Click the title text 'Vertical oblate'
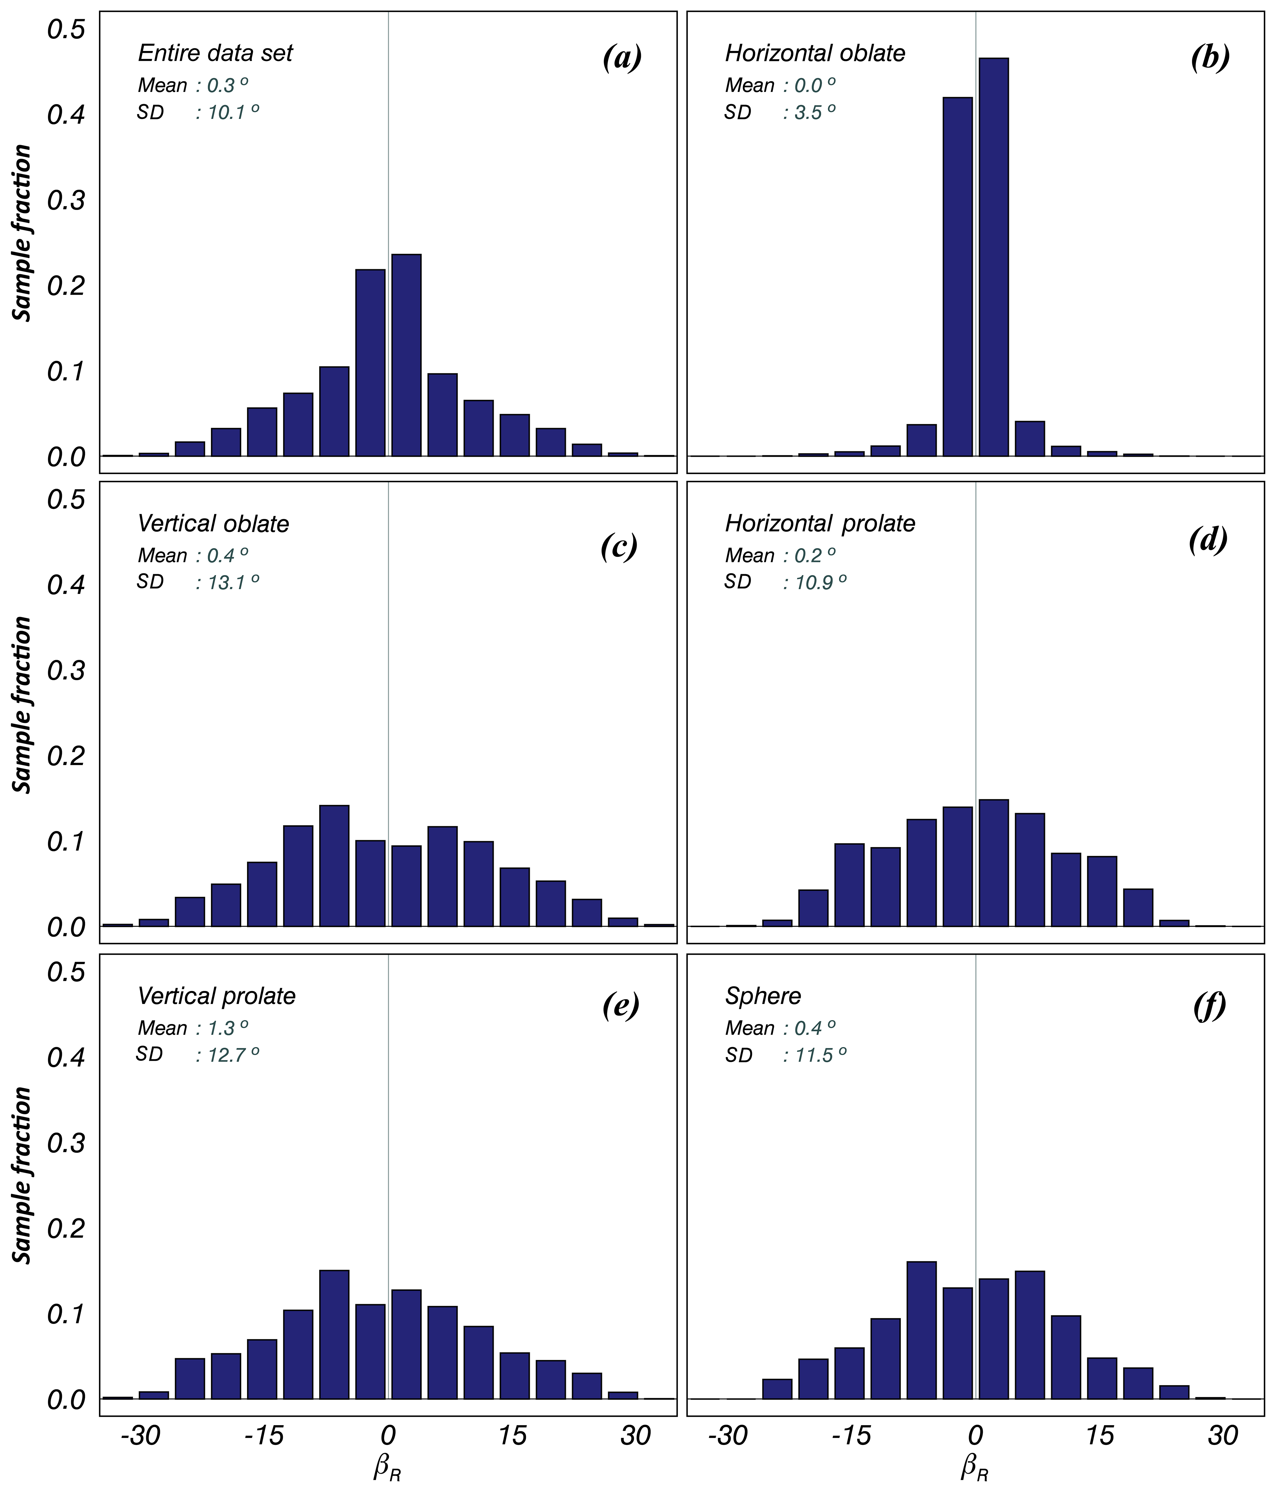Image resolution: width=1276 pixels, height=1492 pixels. tap(213, 524)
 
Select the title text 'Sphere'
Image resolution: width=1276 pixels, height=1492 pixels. tap(763, 996)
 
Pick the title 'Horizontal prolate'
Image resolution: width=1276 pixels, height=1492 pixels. tap(820, 524)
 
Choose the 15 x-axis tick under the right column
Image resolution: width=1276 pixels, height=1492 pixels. tap(1100, 1436)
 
